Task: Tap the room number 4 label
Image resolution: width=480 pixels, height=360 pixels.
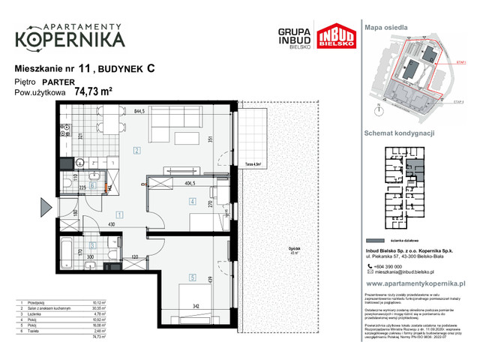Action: click(193, 201)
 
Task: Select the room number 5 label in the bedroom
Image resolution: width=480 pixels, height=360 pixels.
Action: click(192, 277)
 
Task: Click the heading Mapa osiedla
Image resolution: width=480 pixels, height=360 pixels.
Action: click(386, 26)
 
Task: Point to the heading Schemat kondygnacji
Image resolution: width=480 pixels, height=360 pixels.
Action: click(400, 131)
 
